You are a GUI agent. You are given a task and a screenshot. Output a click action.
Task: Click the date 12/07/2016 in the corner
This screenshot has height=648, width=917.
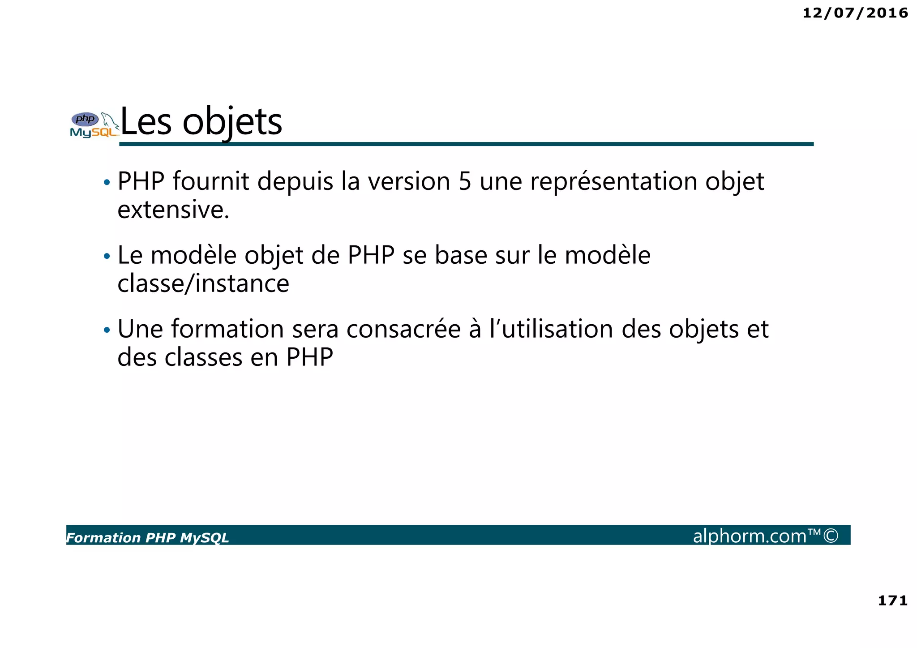[x=855, y=13]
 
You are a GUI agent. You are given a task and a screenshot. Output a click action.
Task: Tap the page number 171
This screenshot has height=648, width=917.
[x=892, y=601]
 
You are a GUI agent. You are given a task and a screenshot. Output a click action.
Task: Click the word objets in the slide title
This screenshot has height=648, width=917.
[x=232, y=122]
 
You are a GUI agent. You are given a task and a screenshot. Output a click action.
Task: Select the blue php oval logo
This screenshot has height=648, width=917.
[x=85, y=119]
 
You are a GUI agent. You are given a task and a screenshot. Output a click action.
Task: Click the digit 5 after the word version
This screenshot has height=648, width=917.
[x=465, y=181]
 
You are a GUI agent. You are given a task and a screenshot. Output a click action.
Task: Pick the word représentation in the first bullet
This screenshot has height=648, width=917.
[x=613, y=182]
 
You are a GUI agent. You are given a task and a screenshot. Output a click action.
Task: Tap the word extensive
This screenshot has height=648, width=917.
[x=173, y=210]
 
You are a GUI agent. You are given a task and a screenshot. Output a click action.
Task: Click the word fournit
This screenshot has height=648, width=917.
[x=210, y=181]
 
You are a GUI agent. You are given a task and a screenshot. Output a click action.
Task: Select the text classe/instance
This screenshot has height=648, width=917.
[x=203, y=283]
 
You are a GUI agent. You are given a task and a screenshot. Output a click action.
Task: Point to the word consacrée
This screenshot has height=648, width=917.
[x=403, y=329]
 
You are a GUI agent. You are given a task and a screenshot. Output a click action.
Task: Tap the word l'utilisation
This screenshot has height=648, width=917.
[x=552, y=329]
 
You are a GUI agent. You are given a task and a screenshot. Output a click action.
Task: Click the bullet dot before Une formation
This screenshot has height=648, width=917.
[x=107, y=330]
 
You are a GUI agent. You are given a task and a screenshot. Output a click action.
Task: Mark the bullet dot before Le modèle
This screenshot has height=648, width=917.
[x=107, y=257]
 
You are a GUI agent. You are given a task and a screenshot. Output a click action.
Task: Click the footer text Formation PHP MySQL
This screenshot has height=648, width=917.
[x=147, y=538]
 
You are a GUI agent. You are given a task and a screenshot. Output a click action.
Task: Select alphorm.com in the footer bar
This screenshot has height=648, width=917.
[x=750, y=536]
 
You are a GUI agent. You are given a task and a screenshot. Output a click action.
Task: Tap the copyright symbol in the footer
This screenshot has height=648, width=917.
[x=831, y=536]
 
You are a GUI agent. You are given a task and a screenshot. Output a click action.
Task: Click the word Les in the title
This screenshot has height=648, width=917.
[x=146, y=122]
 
